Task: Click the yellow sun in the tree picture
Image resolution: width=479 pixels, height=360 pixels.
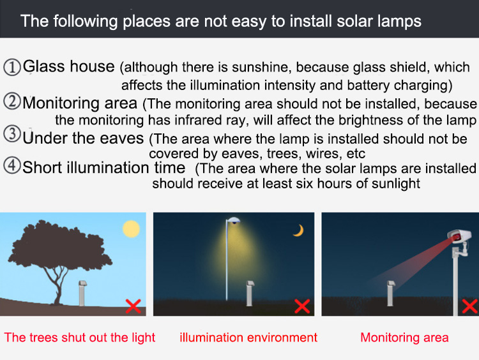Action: (132, 229)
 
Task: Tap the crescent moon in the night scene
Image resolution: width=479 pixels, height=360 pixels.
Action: (300, 231)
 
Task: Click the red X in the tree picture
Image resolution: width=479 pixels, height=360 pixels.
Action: (133, 306)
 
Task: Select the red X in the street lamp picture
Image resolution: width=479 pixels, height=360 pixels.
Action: (302, 306)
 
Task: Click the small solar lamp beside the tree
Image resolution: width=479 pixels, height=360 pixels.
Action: (82, 293)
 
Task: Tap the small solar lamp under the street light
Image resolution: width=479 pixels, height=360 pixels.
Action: (250, 293)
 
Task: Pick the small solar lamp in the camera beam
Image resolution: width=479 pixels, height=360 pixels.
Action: (390, 293)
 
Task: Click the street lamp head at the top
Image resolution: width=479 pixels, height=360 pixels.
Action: (234, 220)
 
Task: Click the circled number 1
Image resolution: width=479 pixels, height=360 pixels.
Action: (12, 67)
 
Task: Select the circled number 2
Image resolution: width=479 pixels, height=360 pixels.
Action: (12, 101)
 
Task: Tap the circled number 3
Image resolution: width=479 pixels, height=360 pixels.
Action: (12, 134)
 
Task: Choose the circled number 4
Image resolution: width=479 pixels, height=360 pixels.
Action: (12, 166)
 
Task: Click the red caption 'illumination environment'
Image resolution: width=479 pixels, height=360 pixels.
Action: (248, 338)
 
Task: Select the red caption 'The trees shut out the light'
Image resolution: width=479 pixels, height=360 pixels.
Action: (80, 338)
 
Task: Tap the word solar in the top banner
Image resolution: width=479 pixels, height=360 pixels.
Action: (354, 21)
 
